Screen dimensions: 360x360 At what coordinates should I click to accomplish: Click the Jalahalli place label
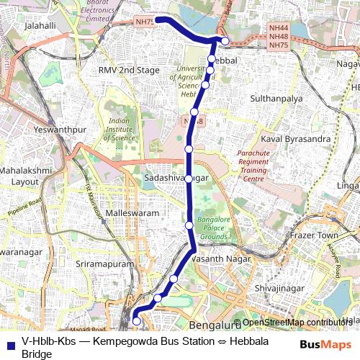tap(40, 25)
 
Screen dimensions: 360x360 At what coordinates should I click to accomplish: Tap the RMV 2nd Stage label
tap(128, 71)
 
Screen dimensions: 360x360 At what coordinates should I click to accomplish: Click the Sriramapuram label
tap(104, 265)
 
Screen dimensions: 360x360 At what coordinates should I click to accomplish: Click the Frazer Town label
tap(313, 235)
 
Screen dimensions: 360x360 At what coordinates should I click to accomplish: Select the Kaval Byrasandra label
tap(295, 138)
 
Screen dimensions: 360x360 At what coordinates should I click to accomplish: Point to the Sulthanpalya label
tap(276, 97)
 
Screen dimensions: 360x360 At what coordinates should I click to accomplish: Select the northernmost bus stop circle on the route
tap(225, 41)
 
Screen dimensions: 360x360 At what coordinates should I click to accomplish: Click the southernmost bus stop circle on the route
tap(137, 321)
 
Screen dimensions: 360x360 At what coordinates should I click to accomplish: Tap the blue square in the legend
tap(9, 343)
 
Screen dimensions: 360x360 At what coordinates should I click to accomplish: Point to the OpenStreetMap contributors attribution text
tap(298, 323)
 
